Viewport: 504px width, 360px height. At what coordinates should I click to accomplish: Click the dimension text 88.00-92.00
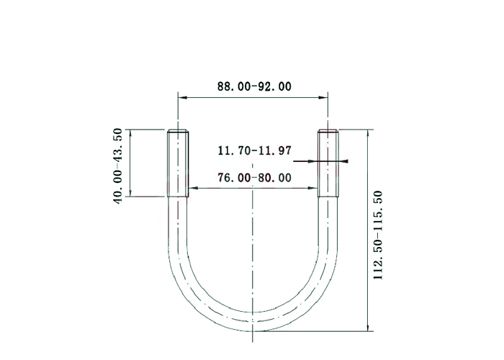pos(254,86)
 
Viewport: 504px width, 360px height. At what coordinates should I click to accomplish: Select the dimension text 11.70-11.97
pos(255,150)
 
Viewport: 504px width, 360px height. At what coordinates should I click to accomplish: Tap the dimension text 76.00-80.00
pos(254,177)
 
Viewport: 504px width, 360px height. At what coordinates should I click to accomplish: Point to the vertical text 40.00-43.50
pos(117,166)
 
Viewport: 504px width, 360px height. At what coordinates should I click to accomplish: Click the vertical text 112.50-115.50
pos(378,235)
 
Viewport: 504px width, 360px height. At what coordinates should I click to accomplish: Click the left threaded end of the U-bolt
pos(178,163)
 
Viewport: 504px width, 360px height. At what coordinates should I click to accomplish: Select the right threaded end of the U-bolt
pos(328,163)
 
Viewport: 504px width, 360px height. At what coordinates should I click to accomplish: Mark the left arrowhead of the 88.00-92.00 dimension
pos(183,97)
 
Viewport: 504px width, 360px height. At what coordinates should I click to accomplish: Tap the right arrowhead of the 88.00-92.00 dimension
pos(323,97)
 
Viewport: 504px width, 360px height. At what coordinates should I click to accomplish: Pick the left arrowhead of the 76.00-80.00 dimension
pos(193,188)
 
